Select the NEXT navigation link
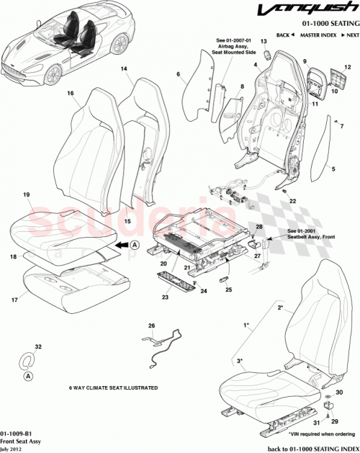[351, 35]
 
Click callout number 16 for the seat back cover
[71, 94]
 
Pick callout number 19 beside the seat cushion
[26, 195]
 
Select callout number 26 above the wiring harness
[151, 326]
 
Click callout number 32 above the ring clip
[38, 347]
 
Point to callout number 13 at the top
[263, 42]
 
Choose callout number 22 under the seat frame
[293, 201]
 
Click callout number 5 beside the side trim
[334, 170]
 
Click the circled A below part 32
[27, 376]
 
